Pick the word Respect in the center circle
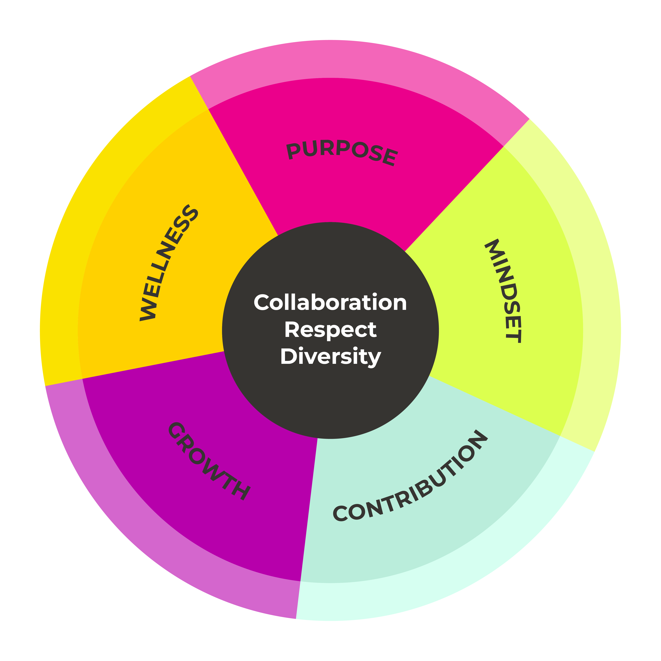pos(330,330)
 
